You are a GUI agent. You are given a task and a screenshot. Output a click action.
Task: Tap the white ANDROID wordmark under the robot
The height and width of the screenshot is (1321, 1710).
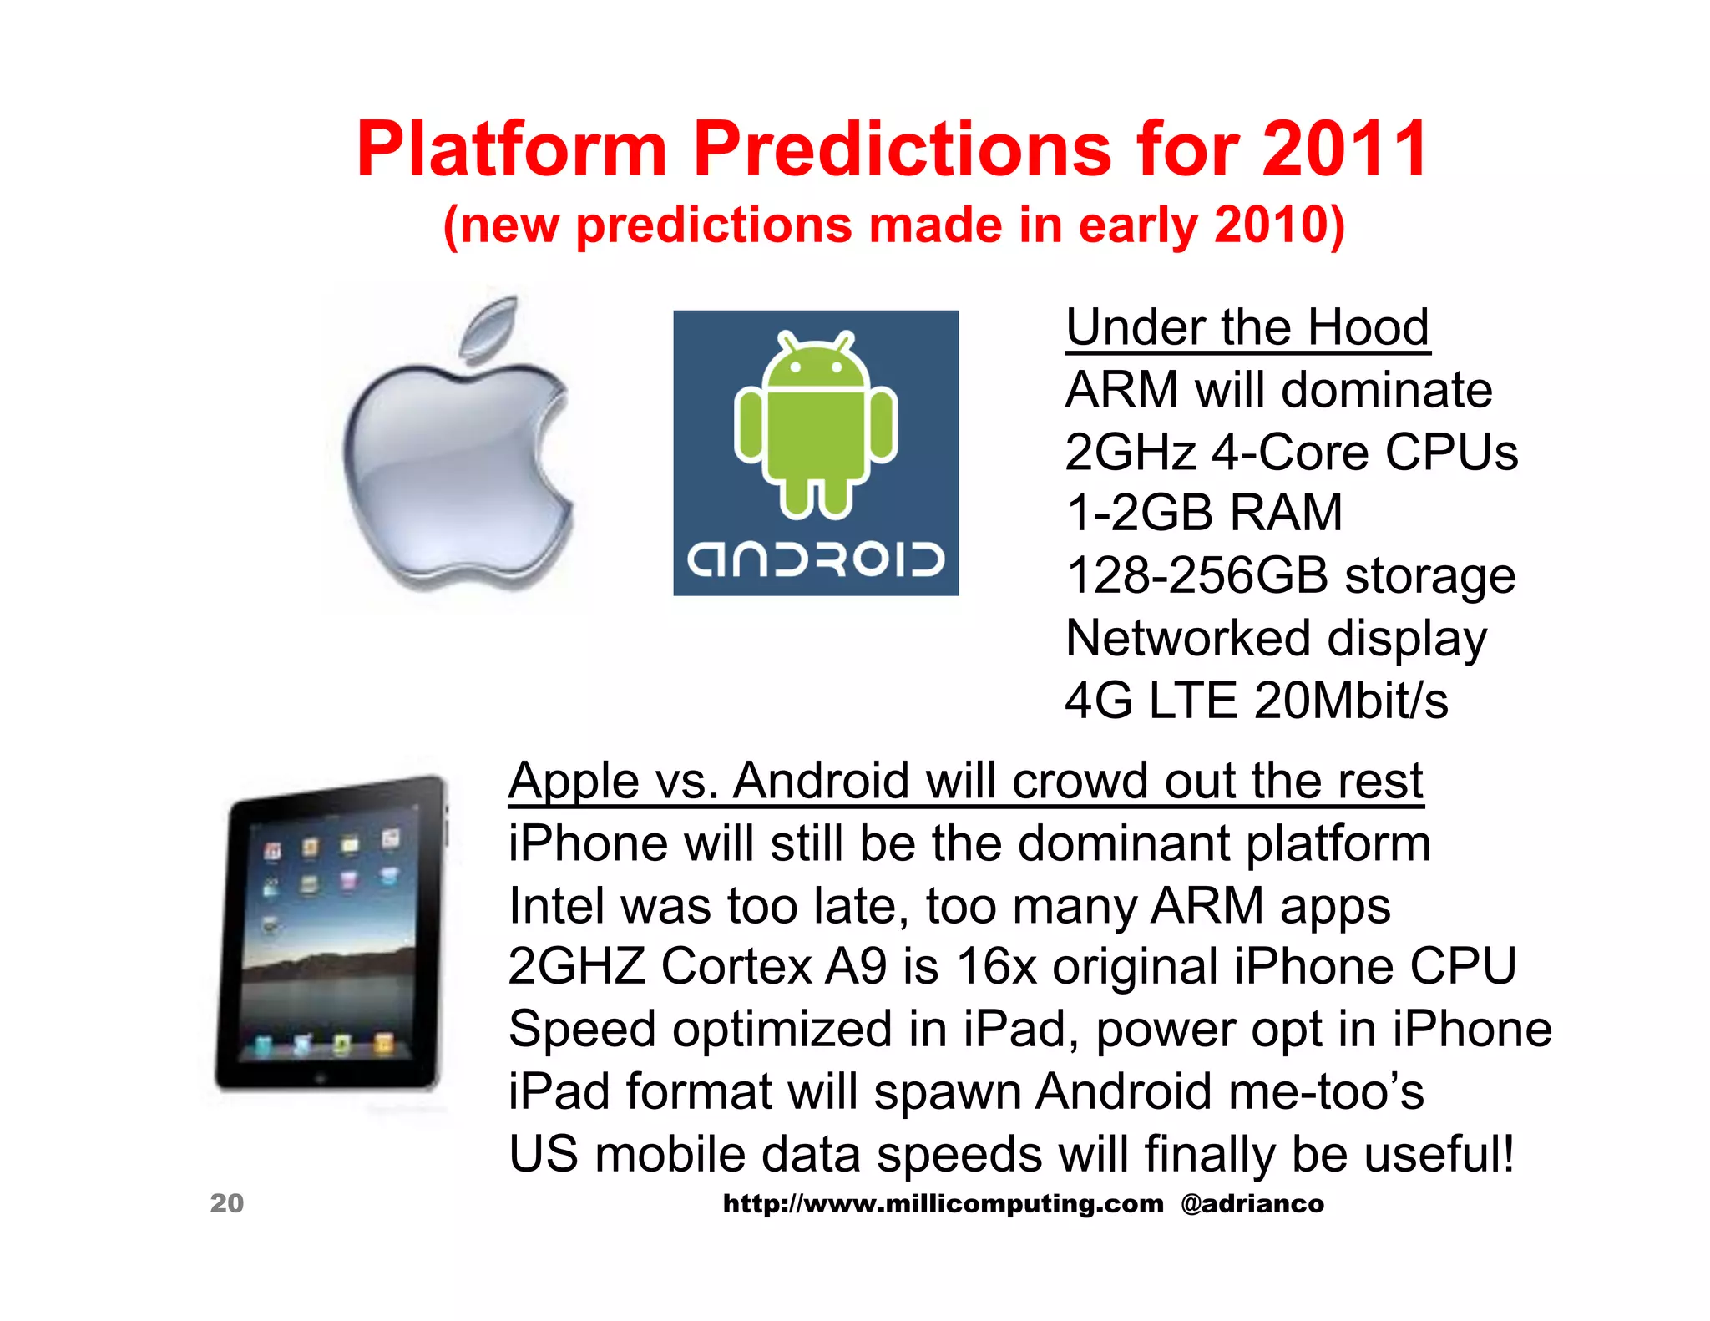point(816,559)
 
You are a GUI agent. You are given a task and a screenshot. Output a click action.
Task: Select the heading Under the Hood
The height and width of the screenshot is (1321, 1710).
point(1247,327)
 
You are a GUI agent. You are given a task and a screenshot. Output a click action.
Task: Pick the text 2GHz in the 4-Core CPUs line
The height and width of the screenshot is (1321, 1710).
point(1131,453)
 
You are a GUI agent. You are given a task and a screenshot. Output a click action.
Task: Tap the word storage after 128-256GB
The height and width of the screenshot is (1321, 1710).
point(1430,576)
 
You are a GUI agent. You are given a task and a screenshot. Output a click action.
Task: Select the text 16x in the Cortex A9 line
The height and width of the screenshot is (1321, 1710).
point(996,968)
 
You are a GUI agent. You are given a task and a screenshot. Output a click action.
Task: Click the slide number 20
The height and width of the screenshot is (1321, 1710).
point(226,1203)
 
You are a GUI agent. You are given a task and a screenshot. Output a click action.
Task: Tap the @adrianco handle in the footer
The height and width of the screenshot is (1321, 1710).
point(1252,1204)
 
